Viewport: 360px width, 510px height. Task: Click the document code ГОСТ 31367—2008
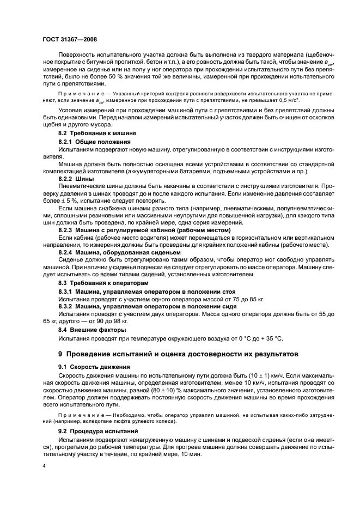[70, 40]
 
